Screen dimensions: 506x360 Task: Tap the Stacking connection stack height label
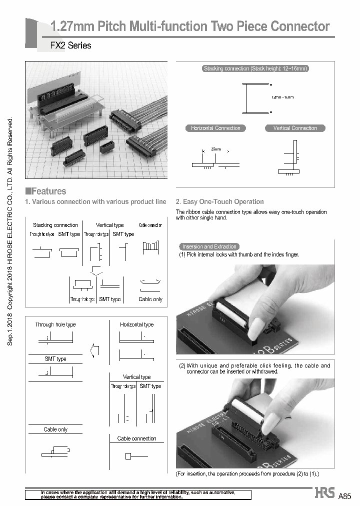255,68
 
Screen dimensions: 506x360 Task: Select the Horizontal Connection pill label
215,128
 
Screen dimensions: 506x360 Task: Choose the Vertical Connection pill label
295,128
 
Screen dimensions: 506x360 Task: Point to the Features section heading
46,191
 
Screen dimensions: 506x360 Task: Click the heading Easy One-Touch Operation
219,202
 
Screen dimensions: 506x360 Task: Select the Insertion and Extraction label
209,246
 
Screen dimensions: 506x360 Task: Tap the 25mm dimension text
215,149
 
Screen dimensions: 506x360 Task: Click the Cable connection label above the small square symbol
136,438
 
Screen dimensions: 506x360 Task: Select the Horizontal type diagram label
136,324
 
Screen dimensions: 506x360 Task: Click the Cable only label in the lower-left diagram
55,429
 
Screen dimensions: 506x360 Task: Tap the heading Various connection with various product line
95,202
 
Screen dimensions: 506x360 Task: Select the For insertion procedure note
247,473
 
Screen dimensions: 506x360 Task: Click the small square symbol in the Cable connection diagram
128,456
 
